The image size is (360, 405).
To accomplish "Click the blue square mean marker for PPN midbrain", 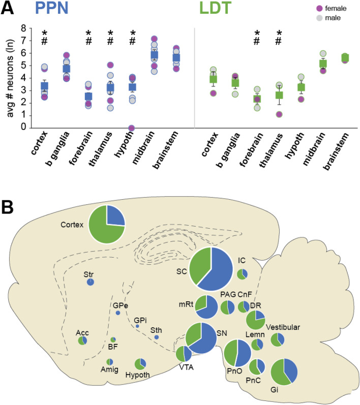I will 154,55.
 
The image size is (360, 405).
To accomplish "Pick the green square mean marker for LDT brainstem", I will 344,57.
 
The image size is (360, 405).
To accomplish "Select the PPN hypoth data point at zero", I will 132,128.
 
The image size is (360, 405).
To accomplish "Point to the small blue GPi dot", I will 137,326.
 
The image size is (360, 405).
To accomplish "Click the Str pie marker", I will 90,282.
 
